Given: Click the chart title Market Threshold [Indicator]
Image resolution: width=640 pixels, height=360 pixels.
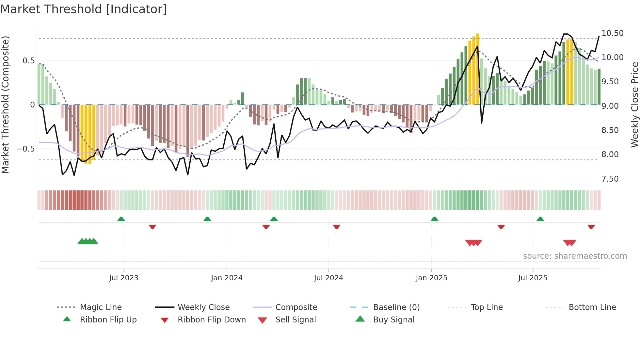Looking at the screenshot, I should tap(84, 9).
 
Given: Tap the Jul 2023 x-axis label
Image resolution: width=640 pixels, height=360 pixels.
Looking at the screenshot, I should tap(124, 278).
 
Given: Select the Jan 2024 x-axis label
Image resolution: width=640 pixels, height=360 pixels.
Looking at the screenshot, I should tap(227, 278).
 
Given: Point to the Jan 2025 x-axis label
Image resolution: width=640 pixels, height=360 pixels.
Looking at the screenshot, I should tap(431, 278).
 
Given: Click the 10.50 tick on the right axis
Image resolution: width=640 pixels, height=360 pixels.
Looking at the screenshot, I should tap(612, 33).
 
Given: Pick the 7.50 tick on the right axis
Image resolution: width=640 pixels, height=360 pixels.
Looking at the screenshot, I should tap(610, 179).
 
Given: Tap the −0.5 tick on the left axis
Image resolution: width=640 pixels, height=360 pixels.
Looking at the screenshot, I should tap(26, 149).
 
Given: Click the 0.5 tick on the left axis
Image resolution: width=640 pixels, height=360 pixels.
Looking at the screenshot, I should tap(28, 61).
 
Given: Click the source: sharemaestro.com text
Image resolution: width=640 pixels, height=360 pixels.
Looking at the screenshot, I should tap(575, 256).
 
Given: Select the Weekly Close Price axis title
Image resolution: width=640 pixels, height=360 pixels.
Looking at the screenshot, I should tap(634, 105).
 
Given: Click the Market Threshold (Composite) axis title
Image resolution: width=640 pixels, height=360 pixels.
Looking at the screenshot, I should tap(5, 105).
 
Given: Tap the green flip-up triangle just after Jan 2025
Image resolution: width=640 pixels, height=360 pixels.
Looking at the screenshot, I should tap(434, 219).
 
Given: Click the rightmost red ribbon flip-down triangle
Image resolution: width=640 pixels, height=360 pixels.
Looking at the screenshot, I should tap(591, 227).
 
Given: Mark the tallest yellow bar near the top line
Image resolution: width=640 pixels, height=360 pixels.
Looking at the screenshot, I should tap(477, 69).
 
